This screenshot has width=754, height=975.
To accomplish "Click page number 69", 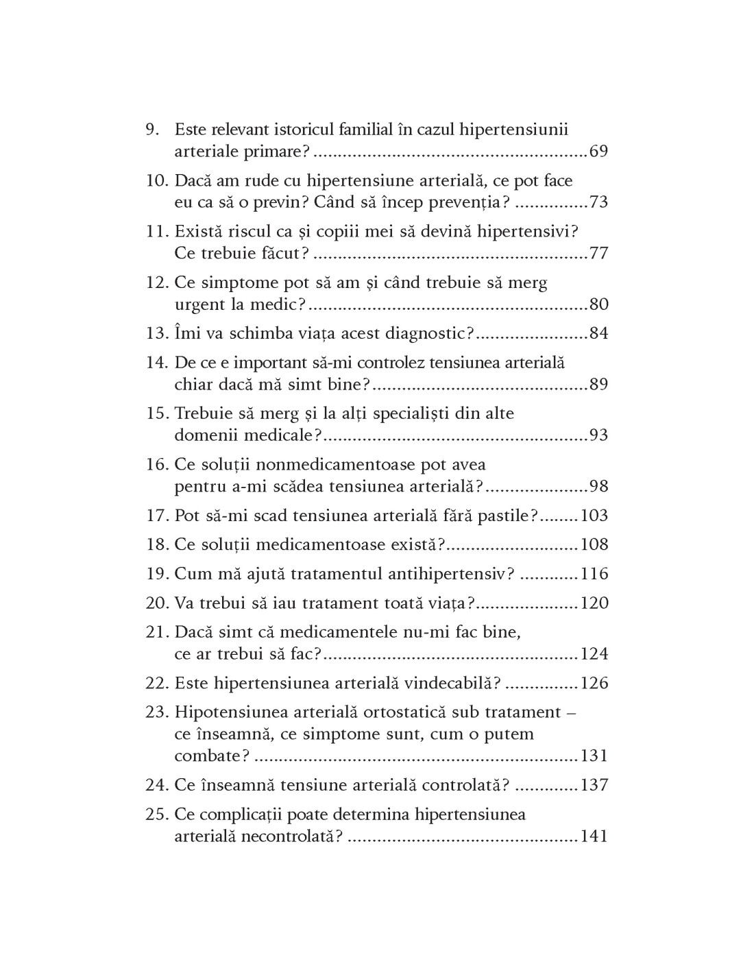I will coord(598,152).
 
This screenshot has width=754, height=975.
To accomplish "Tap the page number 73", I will coord(598,202).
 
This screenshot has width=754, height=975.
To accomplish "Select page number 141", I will coord(594,836).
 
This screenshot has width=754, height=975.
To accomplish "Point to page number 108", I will coord(594,544).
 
